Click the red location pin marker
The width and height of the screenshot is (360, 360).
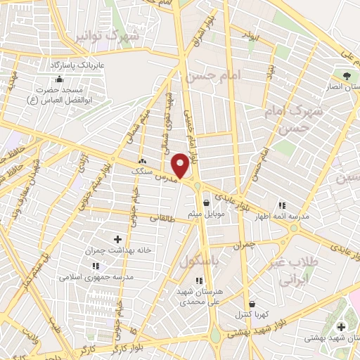point(181,165)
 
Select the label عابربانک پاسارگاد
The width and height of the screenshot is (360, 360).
point(78,65)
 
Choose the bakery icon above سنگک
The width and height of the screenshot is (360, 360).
point(143,160)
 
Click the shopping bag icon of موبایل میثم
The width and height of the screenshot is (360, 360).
point(205,202)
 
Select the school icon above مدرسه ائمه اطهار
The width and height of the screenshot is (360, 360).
point(282,205)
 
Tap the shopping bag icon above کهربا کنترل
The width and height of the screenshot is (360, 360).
point(250,303)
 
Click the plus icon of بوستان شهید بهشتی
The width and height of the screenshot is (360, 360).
point(341,327)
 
